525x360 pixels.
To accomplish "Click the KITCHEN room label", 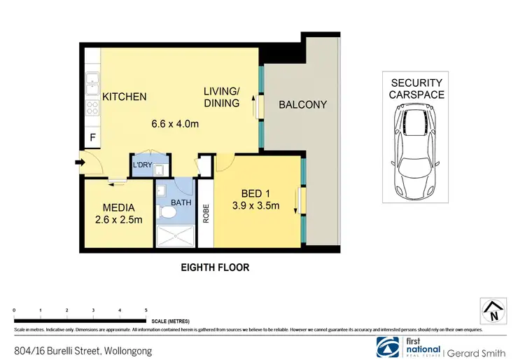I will click(x=125, y=97).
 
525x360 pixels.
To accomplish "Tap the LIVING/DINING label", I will click(x=221, y=97).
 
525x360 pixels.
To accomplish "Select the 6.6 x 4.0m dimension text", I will click(x=175, y=125).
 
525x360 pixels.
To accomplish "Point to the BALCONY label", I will click(x=302, y=105).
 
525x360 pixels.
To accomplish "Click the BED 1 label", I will click(x=255, y=193).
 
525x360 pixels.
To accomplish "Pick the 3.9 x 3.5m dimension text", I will click(x=255, y=206).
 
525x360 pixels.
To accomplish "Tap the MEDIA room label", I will click(x=118, y=207).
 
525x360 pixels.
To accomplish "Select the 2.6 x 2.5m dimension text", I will click(x=118, y=220).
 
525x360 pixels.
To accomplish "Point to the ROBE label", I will click(x=206, y=214).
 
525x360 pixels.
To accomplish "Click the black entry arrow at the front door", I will click(x=80, y=164).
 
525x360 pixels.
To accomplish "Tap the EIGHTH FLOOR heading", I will click(x=215, y=268).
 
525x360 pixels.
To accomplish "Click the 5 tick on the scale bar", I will click(x=146, y=310).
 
